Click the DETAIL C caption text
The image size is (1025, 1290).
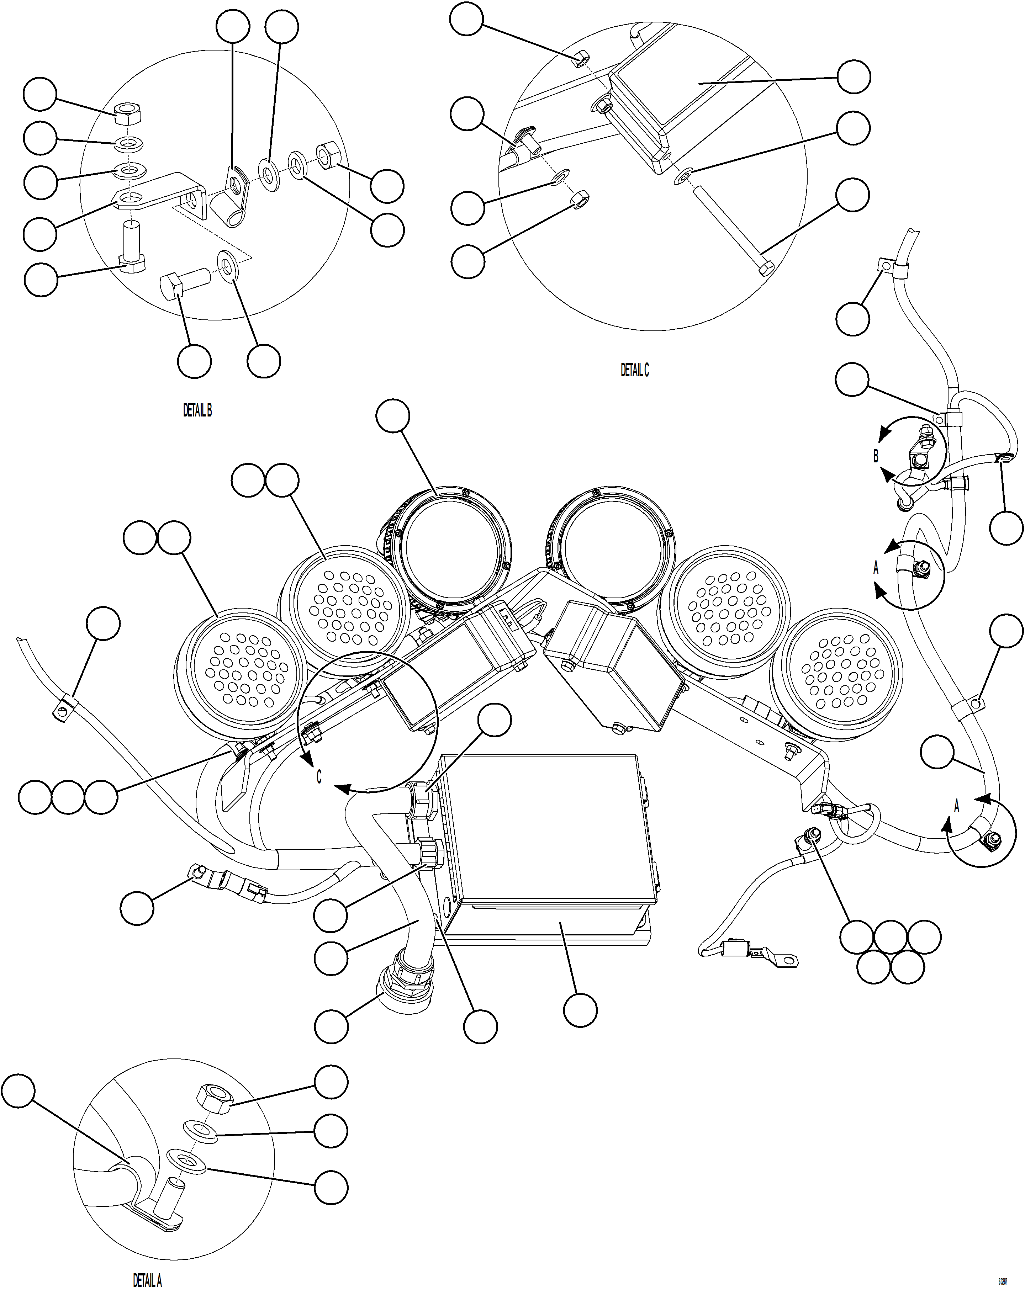click(634, 370)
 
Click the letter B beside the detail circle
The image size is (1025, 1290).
click(876, 456)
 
